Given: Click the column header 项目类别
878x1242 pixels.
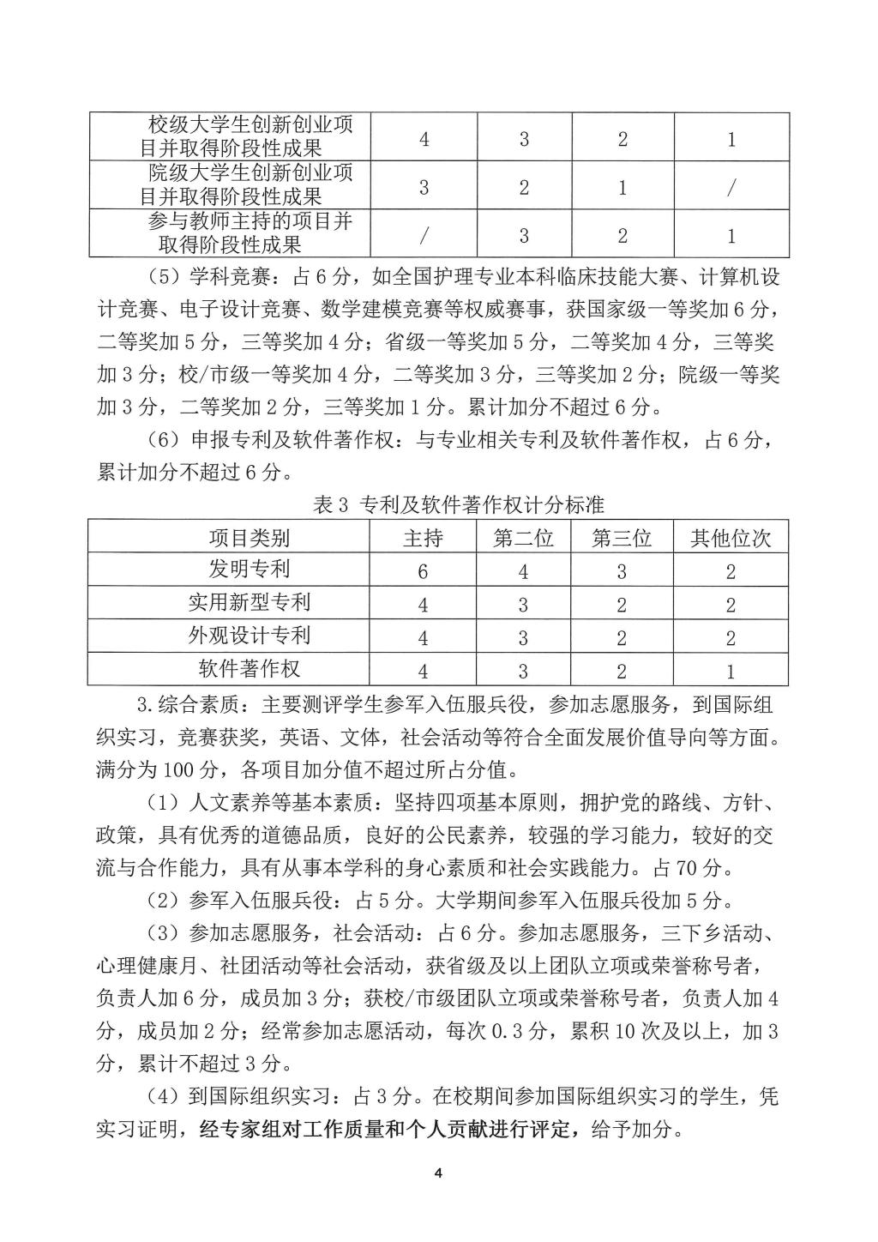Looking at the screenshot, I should (x=249, y=538).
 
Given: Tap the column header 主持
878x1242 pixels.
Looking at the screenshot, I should (x=423, y=538).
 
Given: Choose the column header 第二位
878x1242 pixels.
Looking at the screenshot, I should (x=523, y=538).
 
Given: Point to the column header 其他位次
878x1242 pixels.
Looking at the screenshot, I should (x=731, y=538).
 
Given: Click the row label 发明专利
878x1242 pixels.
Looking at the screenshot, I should (x=249, y=569).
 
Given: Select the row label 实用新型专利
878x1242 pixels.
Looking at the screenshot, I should (x=249, y=602).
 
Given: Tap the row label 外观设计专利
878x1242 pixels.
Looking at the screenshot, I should (x=249, y=636).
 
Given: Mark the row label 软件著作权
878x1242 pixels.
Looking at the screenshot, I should (x=249, y=668).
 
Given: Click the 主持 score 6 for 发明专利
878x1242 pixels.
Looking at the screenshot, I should (x=423, y=571).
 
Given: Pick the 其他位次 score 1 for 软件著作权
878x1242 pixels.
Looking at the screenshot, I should (x=731, y=671).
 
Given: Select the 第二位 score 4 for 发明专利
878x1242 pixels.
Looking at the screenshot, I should (x=523, y=571).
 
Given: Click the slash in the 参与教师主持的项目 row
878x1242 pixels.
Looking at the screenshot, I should (x=424, y=235).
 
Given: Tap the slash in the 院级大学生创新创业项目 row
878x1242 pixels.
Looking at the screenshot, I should (x=731, y=187).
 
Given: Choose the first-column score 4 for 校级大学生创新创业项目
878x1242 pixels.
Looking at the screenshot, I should (x=424, y=138).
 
